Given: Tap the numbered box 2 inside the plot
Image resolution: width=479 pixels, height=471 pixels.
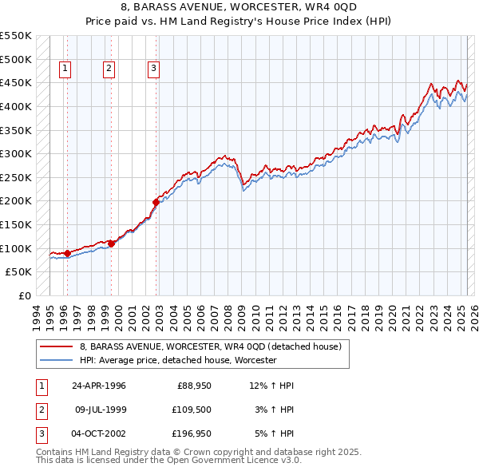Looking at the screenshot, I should click(x=108, y=69).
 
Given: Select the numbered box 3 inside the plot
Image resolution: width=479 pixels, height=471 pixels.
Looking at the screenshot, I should click(x=152, y=69).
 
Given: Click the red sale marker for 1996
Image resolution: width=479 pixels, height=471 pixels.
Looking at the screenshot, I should click(x=67, y=253).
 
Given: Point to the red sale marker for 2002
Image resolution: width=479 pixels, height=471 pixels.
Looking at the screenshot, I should click(x=156, y=202).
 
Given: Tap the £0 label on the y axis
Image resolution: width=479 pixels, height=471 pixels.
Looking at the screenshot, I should click(x=25, y=295).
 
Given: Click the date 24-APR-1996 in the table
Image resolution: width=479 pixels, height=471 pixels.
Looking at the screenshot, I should click(x=99, y=386).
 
